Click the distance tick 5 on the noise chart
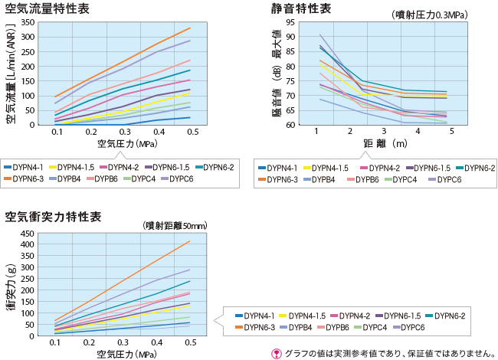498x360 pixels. (x=452, y=132)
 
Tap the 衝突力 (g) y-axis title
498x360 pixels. (x=11, y=285)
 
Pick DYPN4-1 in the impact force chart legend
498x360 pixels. (x=260, y=316)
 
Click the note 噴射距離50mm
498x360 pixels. (x=175, y=225)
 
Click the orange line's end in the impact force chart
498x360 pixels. (x=189, y=241)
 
